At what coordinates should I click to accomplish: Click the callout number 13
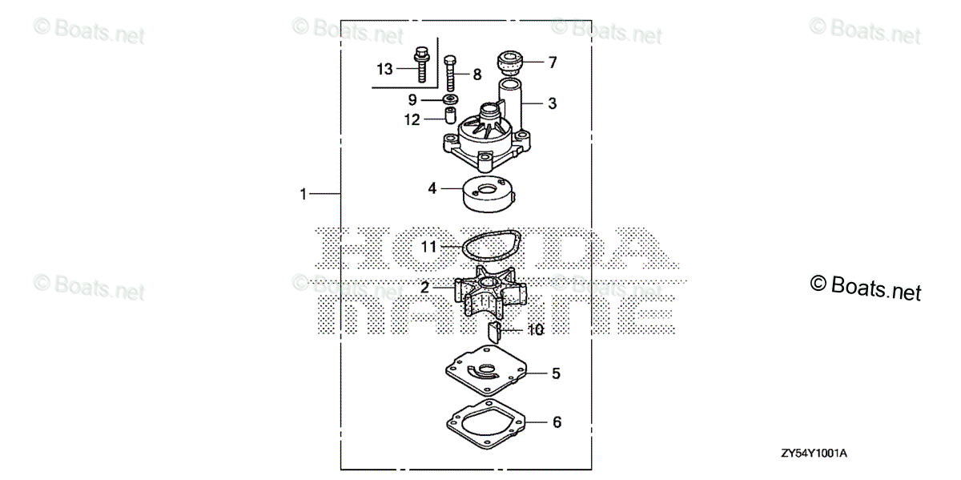click(x=384, y=69)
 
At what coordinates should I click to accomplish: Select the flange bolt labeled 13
click(x=422, y=64)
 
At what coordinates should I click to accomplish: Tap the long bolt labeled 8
click(x=450, y=73)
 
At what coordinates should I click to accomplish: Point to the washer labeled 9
click(x=450, y=99)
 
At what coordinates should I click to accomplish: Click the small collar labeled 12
click(x=450, y=115)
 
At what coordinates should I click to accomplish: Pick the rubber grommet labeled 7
click(x=510, y=63)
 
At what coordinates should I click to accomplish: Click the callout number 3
click(x=552, y=103)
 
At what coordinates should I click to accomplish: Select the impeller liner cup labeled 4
click(x=489, y=194)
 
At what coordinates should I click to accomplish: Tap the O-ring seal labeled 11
click(x=463, y=248)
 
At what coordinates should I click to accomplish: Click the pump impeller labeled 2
click(x=490, y=291)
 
